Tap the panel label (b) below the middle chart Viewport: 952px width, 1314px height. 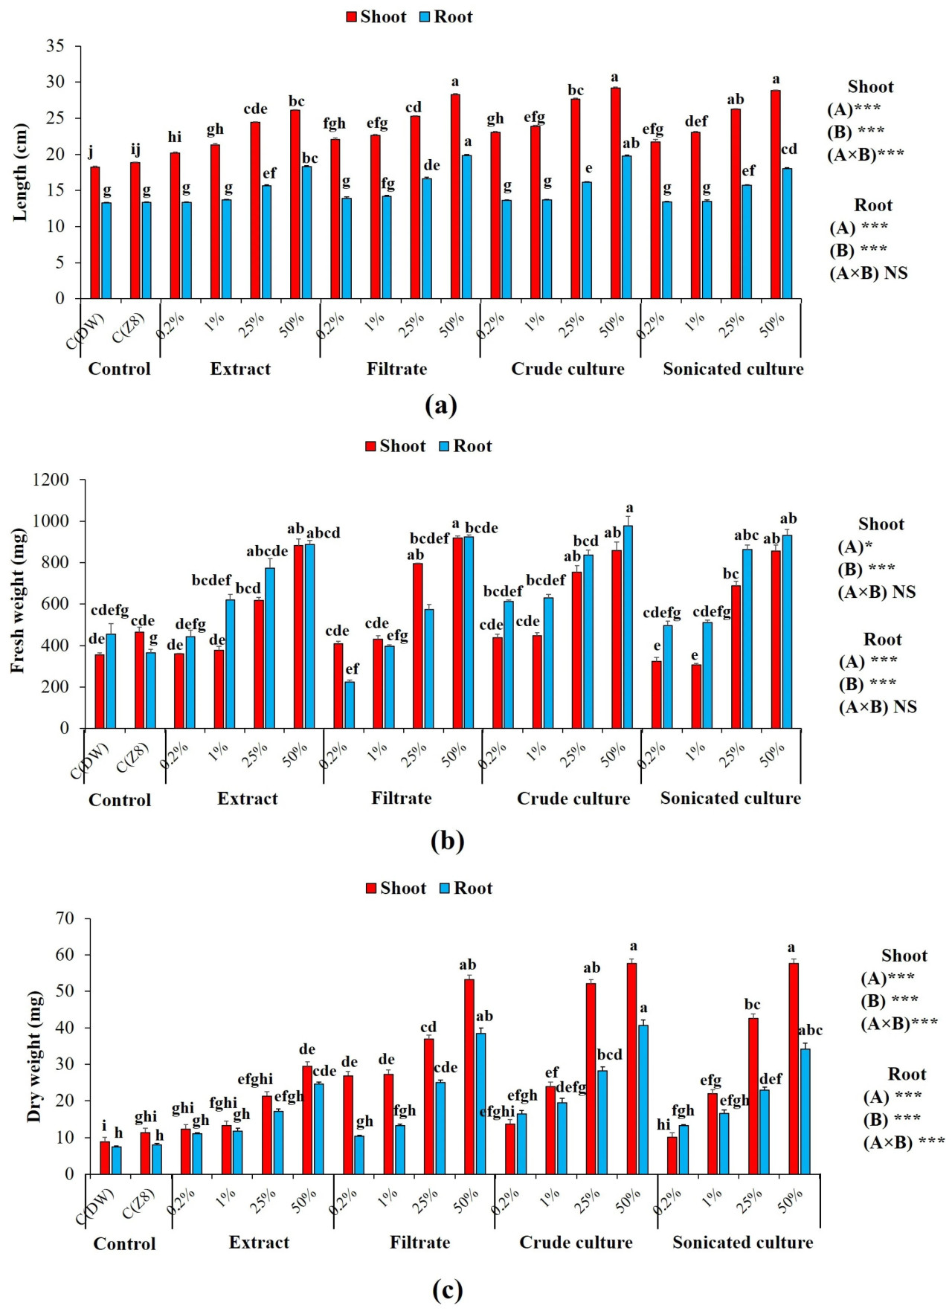pos(447,840)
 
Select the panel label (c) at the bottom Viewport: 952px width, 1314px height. pos(447,1289)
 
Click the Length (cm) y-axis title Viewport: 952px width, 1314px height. pos(20,173)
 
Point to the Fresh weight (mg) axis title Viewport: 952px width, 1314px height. pos(18,601)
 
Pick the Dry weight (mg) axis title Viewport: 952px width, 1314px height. pos(33,1056)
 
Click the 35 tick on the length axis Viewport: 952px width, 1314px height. pos(54,46)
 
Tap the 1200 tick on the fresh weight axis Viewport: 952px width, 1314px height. pos(51,480)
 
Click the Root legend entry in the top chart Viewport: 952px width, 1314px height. pos(446,17)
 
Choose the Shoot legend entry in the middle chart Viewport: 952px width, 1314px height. pos(396,446)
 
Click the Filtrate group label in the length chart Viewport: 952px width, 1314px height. pos(396,369)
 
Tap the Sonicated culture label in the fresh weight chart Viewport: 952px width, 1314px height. pos(730,798)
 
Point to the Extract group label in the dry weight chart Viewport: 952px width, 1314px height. pos(259,1242)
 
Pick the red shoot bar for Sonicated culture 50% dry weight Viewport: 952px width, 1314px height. pos(794,1069)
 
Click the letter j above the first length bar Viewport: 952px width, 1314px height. pos(91,152)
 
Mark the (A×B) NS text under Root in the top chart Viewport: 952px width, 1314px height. pos(869,273)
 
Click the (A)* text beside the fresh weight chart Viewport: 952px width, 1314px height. pos(855,547)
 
